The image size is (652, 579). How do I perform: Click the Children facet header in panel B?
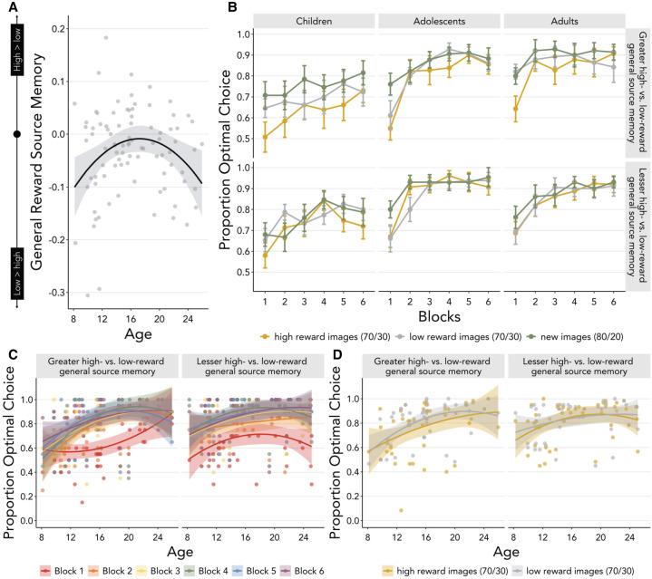point(312,18)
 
